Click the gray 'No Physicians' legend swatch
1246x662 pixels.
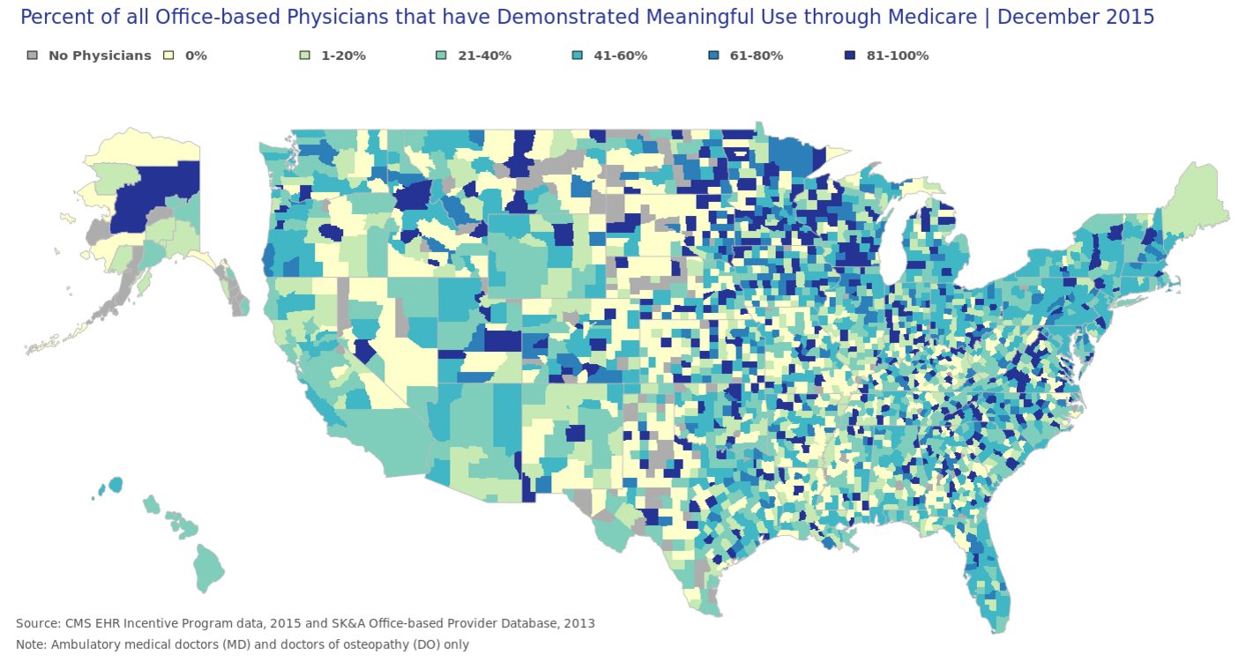tap(33, 56)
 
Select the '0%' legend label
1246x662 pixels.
tap(196, 56)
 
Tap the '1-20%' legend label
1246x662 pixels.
tap(343, 56)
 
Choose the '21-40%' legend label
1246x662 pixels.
tap(484, 56)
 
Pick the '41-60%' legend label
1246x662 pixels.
tap(620, 56)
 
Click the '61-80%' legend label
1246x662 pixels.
tap(756, 56)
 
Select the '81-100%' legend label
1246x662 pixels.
tap(897, 56)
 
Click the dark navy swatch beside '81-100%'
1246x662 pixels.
tap(849, 56)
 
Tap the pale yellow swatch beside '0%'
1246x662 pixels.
tap(168, 56)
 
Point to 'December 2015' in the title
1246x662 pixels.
tap(1075, 17)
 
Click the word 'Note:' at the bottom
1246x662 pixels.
tap(32, 644)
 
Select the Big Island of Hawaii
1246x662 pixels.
tap(208, 567)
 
